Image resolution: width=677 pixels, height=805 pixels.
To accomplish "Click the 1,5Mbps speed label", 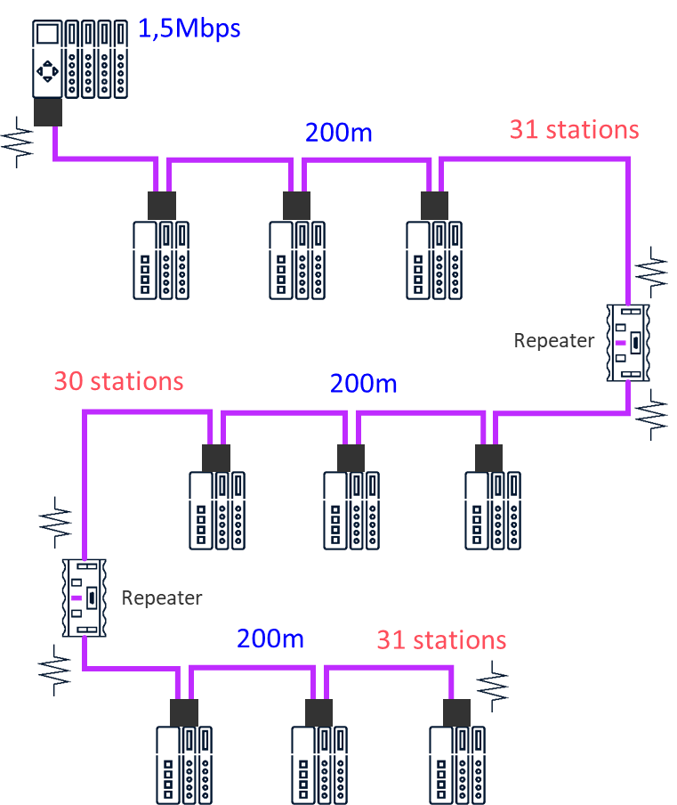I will pyautogui.click(x=189, y=28).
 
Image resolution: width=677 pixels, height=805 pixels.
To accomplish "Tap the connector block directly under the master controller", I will pyautogui.click(x=47, y=113).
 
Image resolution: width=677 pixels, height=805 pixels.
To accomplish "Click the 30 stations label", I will pyautogui.click(x=118, y=381).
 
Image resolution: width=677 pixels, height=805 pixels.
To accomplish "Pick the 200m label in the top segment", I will pyautogui.click(x=338, y=133).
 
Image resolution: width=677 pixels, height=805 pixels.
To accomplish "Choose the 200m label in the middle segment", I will pyautogui.click(x=363, y=385).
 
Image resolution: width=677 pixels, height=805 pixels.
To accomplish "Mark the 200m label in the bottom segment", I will pyautogui.click(x=270, y=638).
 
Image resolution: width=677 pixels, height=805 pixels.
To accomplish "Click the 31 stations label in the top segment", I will pyautogui.click(x=574, y=130).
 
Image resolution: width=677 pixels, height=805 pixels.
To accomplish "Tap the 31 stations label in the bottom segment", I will pyautogui.click(x=441, y=640).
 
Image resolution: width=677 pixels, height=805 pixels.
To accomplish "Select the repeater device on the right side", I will pyautogui.click(x=628, y=343).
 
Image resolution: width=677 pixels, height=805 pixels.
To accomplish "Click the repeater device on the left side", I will pyautogui.click(x=84, y=598).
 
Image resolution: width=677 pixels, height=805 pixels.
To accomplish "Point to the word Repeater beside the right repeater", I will pyautogui.click(x=554, y=341).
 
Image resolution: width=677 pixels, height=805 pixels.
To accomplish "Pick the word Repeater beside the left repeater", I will pyautogui.click(x=162, y=598).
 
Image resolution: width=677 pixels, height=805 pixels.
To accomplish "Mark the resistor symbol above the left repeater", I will pyautogui.click(x=55, y=522).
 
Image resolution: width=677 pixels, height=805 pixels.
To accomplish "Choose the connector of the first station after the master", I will pyautogui.click(x=162, y=206).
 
